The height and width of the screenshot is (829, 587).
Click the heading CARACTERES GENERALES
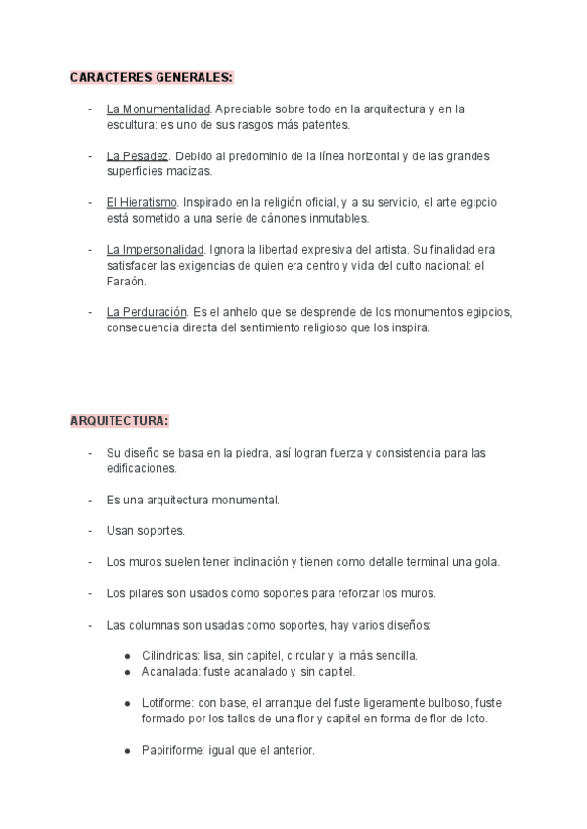tap(152, 77)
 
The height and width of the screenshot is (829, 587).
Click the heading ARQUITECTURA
tap(119, 421)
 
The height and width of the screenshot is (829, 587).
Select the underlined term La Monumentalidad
tap(158, 109)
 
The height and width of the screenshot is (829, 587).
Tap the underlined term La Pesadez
tap(138, 156)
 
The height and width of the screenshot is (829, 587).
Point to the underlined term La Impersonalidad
tap(156, 250)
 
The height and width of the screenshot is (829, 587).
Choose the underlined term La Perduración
tap(147, 312)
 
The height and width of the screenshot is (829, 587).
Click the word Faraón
tap(126, 281)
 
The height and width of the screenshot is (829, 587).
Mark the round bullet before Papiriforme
tap(130, 751)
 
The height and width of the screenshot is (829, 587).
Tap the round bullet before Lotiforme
tap(130, 704)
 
